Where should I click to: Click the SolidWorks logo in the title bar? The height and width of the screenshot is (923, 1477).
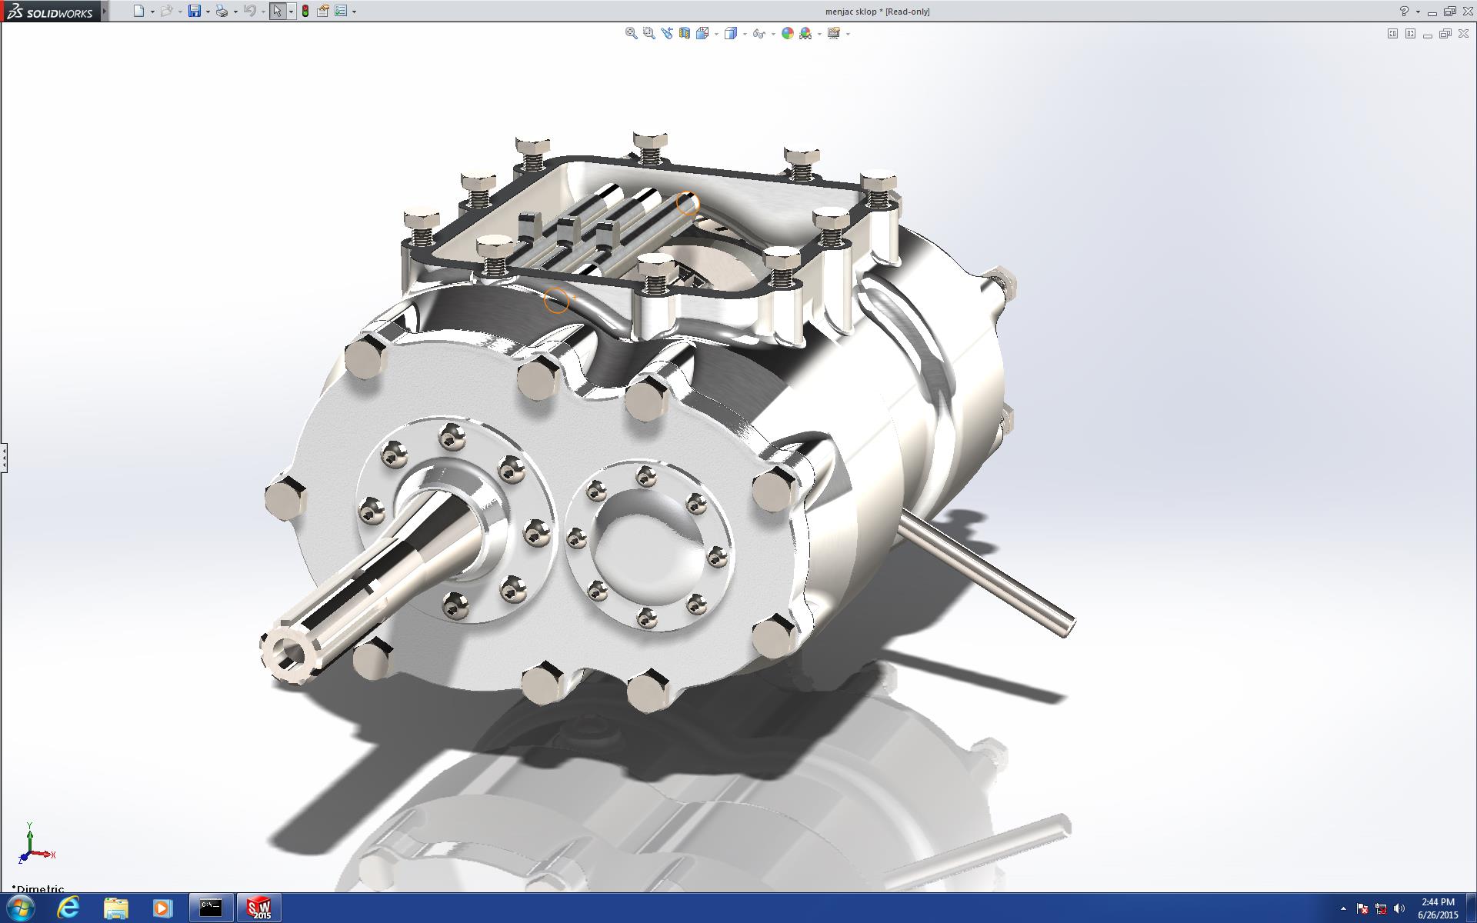pyautogui.click(x=49, y=12)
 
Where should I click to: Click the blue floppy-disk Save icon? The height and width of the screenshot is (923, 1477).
pyautogui.click(x=195, y=11)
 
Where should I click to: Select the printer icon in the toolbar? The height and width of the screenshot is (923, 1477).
pyautogui.click(x=222, y=11)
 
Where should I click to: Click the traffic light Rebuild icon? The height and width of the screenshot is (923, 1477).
pyautogui.click(x=305, y=11)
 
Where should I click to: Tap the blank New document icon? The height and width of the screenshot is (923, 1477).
pyautogui.click(x=138, y=11)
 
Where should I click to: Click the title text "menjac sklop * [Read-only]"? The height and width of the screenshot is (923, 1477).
pyautogui.click(x=877, y=12)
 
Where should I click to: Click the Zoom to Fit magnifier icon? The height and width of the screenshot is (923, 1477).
pyautogui.click(x=631, y=33)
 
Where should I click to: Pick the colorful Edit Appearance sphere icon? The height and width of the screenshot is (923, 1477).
pyautogui.click(x=787, y=33)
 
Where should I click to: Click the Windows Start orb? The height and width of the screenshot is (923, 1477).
pyautogui.click(x=20, y=908)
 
